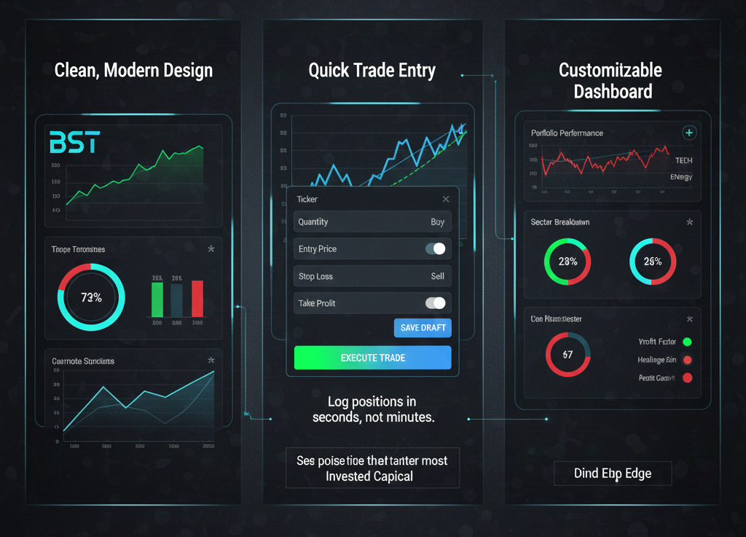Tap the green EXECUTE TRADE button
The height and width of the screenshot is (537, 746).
tap(372, 358)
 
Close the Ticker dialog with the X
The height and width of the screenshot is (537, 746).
tap(446, 199)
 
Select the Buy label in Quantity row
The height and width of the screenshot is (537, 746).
tap(437, 222)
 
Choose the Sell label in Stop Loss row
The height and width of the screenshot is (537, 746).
tap(437, 277)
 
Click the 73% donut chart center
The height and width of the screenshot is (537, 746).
tap(91, 297)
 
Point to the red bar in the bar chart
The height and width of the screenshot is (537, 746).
tap(197, 299)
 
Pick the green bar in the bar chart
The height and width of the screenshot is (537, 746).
tap(157, 299)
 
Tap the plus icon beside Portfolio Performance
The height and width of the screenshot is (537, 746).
tap(689, 133)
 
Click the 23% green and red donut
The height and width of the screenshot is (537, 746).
tap(568, 262)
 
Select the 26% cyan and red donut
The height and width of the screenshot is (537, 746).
tap(653, 262)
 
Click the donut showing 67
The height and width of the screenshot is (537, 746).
tap(568, 355)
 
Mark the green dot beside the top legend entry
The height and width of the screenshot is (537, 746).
tap(687, 342)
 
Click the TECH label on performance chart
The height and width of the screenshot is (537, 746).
tap(683, 160)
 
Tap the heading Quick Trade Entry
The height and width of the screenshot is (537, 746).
tap(372, 71)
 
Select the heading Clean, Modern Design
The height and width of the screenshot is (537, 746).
tap(133, 71)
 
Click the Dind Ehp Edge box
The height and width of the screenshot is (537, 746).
tap(612, 474)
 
